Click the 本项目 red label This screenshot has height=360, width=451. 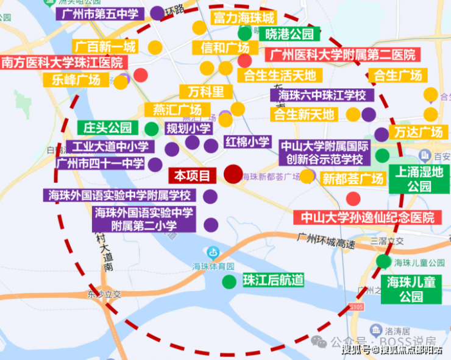coord(192,176)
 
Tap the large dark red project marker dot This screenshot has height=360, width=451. coord(233,174)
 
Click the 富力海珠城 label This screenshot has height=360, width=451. coord(244,18)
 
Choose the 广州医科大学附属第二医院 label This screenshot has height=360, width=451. coord(342,55)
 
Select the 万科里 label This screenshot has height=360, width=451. coord(205,93)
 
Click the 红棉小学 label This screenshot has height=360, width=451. coord(247,142)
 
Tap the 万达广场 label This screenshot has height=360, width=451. coord(418,132)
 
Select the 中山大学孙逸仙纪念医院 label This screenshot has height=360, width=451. coord(364,217)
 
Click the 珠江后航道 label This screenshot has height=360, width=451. coord(273,280)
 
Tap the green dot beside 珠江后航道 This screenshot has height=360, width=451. coord(229,281)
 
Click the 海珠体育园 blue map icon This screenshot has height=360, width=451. coord(213,252)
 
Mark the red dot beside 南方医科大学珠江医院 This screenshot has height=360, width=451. coord(141,75)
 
